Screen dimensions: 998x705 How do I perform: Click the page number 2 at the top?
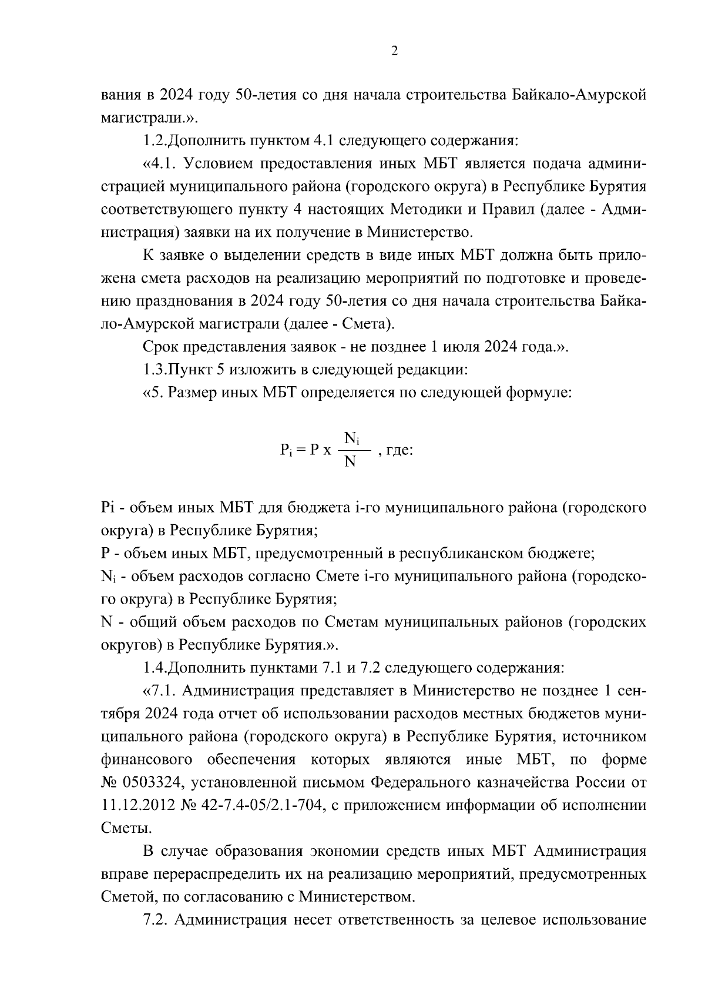point(394,51)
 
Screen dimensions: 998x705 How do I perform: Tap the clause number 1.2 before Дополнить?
point(156,141)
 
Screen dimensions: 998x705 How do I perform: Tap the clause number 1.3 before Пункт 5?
point(156,370)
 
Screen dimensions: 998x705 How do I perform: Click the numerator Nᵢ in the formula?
point(352,438)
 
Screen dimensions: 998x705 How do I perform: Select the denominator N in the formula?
point(350,462)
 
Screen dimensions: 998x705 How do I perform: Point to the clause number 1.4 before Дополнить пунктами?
point(156,668)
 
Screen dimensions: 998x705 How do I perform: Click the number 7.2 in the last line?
point(156,920)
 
